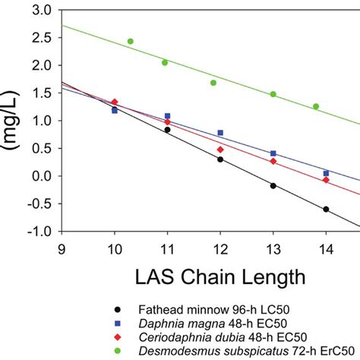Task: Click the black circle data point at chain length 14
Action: tap(326, 209)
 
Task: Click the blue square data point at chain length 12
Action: tap(220, 133)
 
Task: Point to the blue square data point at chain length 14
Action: tap(326, 173)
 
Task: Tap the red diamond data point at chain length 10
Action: tap(115, 102)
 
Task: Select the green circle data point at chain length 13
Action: tap(273, 94)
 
